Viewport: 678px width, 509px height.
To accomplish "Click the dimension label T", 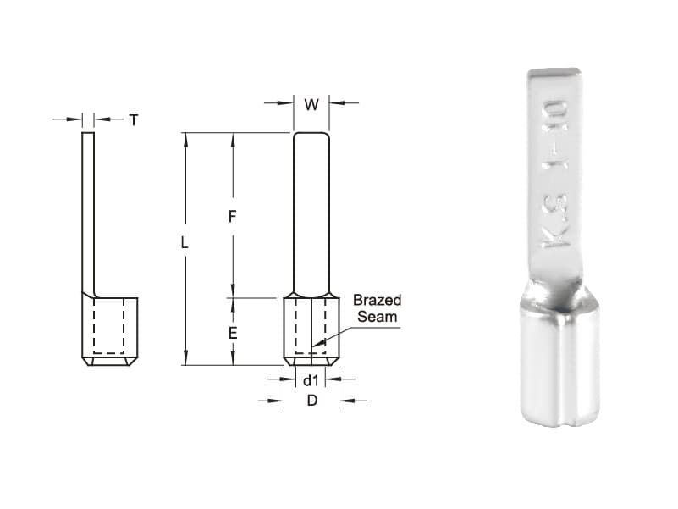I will (133, 120).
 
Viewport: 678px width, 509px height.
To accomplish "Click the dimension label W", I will (311, 105).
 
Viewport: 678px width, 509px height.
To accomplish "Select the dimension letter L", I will (185, 243).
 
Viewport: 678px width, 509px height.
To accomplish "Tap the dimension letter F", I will (232, 217).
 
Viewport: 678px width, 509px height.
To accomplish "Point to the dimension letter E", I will (232, 333).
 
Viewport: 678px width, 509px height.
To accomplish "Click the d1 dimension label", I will (311, 380).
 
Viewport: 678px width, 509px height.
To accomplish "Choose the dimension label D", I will (311, 401).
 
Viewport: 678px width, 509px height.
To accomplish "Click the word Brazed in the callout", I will (377, 301).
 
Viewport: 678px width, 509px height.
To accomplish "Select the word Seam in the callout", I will (377, 317).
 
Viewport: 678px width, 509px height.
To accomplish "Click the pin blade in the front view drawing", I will (311, 212).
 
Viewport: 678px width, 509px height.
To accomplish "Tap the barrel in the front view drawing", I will (311, 330).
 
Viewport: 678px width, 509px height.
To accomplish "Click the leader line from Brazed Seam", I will (334, 335).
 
